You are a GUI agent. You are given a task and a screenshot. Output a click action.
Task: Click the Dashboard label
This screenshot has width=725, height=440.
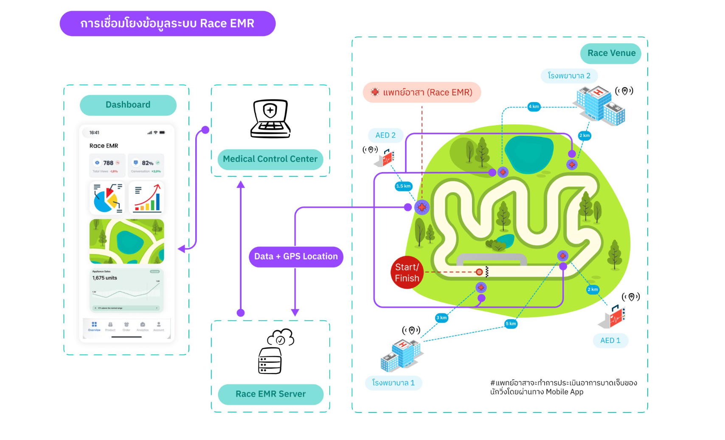[128, 105]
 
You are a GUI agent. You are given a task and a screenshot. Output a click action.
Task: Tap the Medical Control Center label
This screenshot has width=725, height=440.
[270, 159]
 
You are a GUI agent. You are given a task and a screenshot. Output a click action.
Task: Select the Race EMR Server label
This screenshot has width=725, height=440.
[270, 394]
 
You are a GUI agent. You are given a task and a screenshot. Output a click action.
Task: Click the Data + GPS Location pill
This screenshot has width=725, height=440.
[296, 256]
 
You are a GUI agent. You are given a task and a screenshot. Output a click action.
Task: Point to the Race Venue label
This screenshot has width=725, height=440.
[611, 53]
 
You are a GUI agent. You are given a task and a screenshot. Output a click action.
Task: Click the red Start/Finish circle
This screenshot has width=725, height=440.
[407, 273]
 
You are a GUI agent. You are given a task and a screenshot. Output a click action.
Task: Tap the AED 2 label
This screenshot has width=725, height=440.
[385, 135]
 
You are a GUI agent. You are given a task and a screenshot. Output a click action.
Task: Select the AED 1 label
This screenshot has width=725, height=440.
[610, 340]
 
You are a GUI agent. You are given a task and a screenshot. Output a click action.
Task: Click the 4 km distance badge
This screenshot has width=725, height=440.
[534, 106]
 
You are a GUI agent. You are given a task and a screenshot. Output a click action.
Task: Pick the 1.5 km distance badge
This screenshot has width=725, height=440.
[403, 186]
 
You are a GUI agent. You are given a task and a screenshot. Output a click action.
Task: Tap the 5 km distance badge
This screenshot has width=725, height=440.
[511, 324]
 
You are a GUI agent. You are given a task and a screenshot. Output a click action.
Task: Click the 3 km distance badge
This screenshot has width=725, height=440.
[441, 318]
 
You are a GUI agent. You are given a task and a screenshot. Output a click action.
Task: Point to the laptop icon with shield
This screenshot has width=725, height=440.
[270, 119]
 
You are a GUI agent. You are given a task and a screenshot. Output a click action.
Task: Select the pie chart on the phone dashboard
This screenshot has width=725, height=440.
[107, 198]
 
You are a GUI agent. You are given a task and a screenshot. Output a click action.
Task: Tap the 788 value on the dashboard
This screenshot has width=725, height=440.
[108, 163]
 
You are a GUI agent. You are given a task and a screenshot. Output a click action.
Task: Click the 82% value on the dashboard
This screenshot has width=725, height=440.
[147, 163]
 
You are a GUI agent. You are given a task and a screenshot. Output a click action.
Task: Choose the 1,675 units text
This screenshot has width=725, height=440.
[104, 278]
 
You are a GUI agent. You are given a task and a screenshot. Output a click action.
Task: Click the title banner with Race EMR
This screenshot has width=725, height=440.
[167, 24]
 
